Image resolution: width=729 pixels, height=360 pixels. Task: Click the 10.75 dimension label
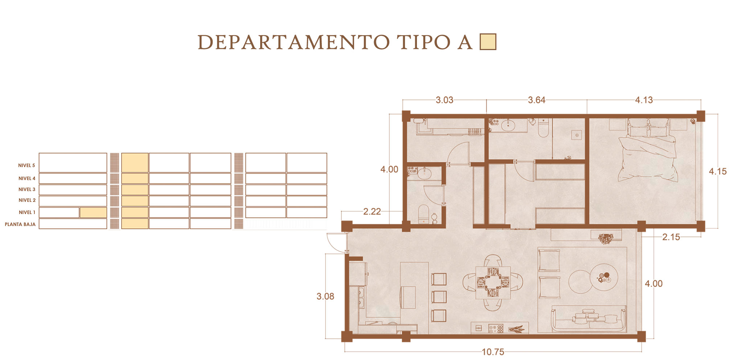493,352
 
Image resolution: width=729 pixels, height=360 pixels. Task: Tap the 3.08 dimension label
325,296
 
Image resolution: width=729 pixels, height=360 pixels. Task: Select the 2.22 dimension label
372,212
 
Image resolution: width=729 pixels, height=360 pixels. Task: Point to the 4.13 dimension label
644,100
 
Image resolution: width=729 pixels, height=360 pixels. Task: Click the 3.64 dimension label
536,100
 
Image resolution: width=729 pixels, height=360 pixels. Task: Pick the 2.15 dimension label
671,237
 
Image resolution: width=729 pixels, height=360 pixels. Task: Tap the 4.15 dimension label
717,171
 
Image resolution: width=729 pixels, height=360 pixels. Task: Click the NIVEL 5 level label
27,165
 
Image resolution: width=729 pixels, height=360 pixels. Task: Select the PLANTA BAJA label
20,224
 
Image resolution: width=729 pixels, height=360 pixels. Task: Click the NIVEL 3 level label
27,189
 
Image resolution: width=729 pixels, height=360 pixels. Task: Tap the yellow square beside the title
488,42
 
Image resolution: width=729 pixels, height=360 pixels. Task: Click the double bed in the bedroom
648,151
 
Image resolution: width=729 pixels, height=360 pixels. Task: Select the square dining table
493,283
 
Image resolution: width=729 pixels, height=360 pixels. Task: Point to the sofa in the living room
589,319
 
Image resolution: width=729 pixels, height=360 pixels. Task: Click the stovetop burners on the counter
496,329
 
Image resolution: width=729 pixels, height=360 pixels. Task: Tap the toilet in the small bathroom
423,214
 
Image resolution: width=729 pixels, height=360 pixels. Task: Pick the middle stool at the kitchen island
439,296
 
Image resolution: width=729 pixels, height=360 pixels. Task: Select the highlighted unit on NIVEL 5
135,162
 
